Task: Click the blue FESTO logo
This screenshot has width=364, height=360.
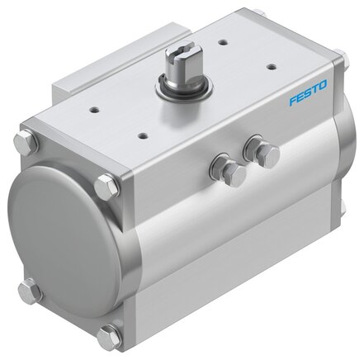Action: coord(308,92)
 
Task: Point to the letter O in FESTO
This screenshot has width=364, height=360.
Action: coord(322,85)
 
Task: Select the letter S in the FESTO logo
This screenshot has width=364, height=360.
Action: coord(308,92)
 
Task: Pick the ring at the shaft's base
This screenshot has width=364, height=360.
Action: coord(184,86)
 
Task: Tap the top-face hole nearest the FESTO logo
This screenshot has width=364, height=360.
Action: coord(272,67)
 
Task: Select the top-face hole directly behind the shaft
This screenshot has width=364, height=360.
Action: coord(224,43)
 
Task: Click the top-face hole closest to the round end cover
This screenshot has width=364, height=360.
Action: coord(94,110)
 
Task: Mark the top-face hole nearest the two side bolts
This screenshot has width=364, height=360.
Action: coord(143,135)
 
